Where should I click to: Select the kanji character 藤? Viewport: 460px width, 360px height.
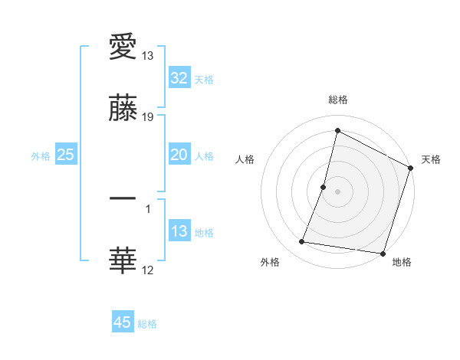tap(123, 110)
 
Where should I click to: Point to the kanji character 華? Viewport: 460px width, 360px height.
tap(123, 260)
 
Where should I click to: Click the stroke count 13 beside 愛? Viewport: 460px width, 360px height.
tap(148, 57)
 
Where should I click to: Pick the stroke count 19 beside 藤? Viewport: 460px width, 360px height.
tap(148, 116)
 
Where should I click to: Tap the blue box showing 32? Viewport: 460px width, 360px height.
tap(179, 78)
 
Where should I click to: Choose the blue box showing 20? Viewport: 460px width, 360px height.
tap(179, 155)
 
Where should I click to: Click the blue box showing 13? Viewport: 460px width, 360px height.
tap(179, 231)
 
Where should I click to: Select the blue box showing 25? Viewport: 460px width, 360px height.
tap(66, 155)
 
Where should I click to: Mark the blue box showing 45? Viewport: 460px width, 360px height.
tap(123, 322)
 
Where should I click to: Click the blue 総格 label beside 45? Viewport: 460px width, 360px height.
tap(147, 324)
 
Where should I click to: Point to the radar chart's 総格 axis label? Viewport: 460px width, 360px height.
tap(338, 100)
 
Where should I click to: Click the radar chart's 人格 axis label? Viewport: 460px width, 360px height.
tap(245, 159)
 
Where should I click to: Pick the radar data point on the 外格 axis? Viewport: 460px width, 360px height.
tap(302, 242)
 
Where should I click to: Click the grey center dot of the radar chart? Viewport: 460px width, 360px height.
tap(338, 191)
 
